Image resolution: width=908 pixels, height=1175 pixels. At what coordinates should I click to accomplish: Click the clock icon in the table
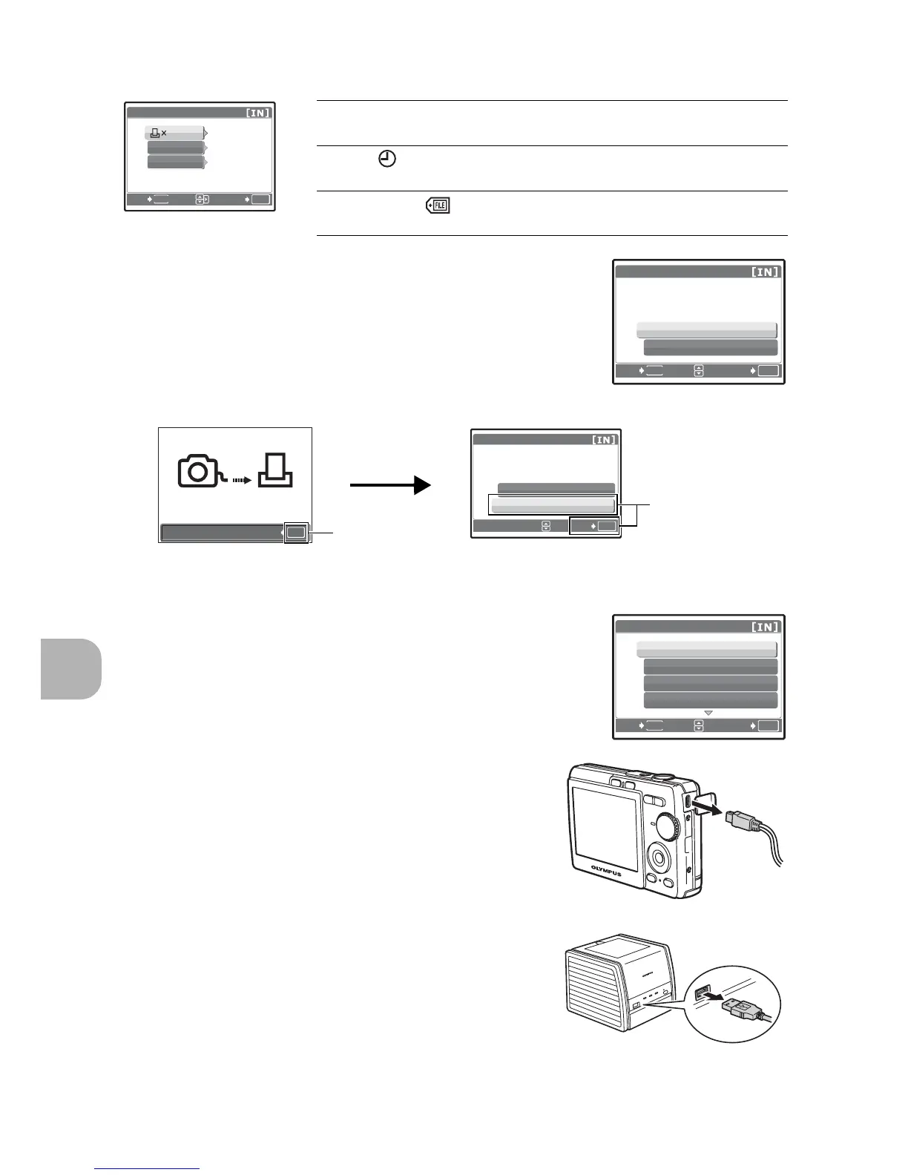(x=387, y=159)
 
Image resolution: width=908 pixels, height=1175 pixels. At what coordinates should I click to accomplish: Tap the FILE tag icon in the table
(x=438, y=205)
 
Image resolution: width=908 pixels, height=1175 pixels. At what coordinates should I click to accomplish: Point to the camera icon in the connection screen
(x=199, y=472)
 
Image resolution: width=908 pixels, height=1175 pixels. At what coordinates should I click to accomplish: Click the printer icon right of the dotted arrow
(x=275, y=470)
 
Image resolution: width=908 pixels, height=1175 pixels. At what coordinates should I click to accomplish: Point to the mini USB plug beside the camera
(x=744, y=820)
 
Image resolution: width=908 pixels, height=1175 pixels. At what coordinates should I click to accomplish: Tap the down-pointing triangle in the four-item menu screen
(x=708, y=713)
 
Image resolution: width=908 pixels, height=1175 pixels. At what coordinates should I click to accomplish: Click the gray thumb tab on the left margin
(x=71, y=668)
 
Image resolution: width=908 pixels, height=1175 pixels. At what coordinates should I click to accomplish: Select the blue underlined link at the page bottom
(x=148, y=1169)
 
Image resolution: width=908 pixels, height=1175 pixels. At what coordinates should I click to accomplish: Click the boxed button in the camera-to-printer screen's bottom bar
(x=296, y=532)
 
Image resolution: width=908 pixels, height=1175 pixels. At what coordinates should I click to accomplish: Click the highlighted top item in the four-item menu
(x=706, y=649)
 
